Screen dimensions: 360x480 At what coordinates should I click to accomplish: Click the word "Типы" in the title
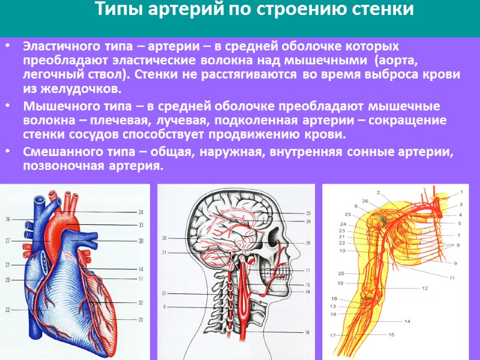[x=116, y=10]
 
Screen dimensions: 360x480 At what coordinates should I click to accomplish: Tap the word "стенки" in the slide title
[x=384, y=10]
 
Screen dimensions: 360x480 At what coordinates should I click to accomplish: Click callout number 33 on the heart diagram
[x=140, y=226]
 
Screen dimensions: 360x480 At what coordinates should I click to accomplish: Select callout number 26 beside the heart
[x=8, y=220]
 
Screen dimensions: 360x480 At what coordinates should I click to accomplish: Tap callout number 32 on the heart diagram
[x=140, y=303]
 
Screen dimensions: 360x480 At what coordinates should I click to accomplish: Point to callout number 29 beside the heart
[x=8, y=280]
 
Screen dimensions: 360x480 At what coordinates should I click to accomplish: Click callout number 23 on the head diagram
[x=308, y=213]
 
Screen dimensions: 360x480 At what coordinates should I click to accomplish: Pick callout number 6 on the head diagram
[x=164, y=307]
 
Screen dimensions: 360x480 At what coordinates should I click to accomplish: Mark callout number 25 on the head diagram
[x=308, y=243]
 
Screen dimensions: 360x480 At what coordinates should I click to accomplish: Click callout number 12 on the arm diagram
[x=424, y=289]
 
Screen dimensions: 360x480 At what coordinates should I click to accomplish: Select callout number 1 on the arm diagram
[x=462, y=193]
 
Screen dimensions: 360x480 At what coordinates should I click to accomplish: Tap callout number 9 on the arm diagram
[x=455, y=263]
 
